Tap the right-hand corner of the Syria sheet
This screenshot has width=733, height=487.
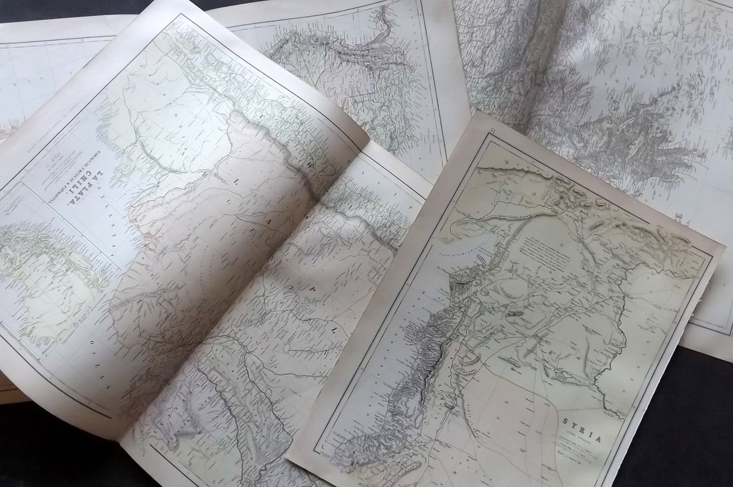(x=724, y=248)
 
